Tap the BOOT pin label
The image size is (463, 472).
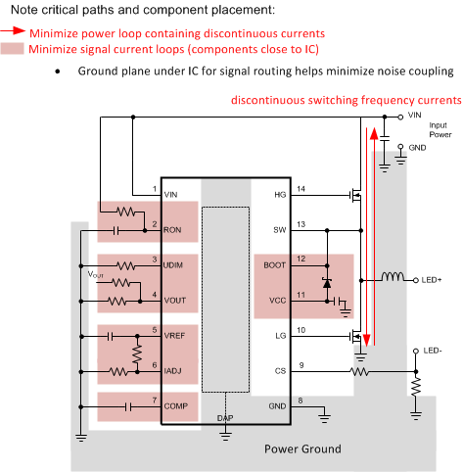pos(274,264)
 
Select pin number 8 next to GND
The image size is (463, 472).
pos(301,399)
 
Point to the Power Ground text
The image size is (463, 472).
pos(303,449)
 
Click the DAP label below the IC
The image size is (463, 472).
pos(225,417)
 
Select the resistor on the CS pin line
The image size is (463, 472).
pos(359,372)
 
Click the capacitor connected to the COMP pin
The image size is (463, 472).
pos(127,404)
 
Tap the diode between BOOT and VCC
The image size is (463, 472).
pos(327,283)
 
